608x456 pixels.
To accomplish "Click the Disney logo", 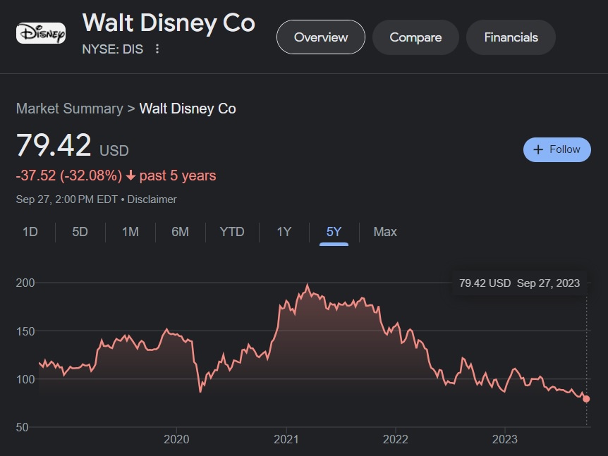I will coord(41,33).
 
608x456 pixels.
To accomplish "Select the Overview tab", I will coord(321,37).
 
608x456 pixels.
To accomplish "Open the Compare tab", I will coord(415,37).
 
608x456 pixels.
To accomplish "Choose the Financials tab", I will coord(511,37).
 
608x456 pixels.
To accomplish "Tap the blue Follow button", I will coord(557,149).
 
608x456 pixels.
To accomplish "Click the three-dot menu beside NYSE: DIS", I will coord(157,49).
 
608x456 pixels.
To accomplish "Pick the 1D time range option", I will coord(30,232).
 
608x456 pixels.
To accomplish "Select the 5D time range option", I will coord(80,232).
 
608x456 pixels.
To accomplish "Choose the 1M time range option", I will coord(130,232).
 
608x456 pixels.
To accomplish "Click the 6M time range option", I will coord(181,232).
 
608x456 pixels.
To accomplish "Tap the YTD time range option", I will coord(232,232).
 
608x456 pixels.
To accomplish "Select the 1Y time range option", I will coord(284,232).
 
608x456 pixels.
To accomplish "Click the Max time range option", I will coord(385,232).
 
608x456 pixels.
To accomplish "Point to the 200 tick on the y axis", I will coord(25,283).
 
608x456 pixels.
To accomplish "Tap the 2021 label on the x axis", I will coord(286,440).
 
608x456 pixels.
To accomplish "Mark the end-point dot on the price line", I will coord(586,399).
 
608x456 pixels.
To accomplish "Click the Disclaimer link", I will coord(152,199).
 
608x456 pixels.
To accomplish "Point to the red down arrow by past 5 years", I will coord(130,175).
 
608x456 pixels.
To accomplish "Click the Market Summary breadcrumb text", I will coord(69,109).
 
